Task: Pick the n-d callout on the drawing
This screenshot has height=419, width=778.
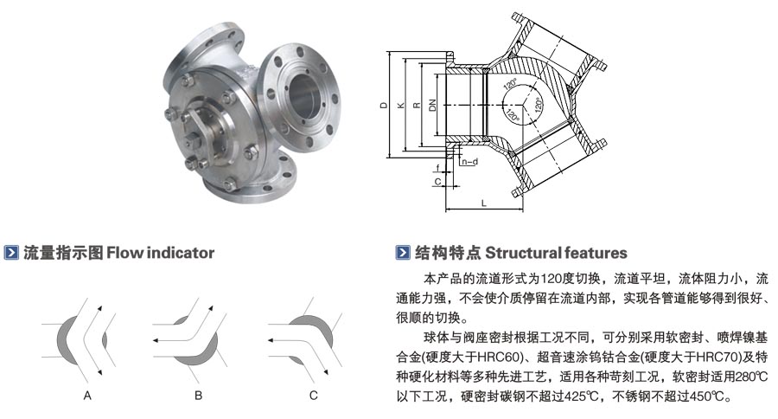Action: [x=469, y=161]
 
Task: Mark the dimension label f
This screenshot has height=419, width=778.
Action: [x=438, y=167]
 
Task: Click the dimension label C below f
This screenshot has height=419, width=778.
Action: [x=437, y=182]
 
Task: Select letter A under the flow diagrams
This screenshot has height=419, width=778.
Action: [x=87, y=395]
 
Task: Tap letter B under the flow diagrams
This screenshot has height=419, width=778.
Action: [x=198, y=395]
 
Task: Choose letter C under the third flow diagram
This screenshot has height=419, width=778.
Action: [x=313, y=395]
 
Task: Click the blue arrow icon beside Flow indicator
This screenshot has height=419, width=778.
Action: [x=12, y=254]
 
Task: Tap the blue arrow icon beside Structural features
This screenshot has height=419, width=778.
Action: [x=401, y=254]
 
